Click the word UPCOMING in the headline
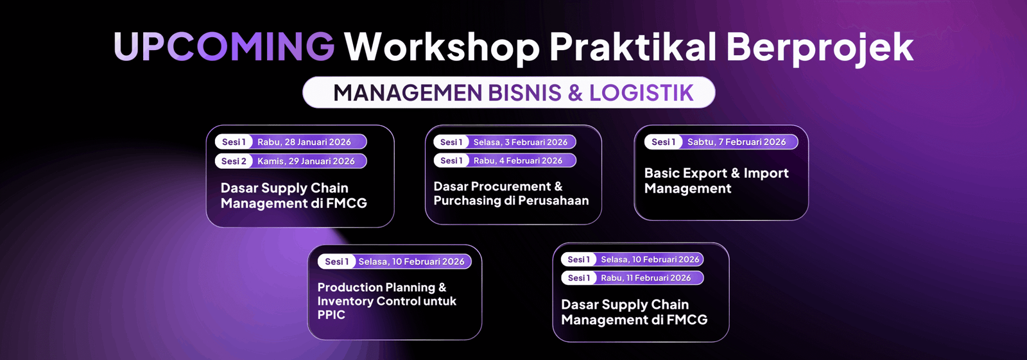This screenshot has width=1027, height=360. (x=224, y=46)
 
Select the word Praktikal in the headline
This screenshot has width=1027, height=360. (x=633, y=46)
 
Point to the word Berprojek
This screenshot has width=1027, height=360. (x=820, y=48)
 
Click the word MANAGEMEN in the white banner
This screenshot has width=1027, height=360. (x=408, y=92)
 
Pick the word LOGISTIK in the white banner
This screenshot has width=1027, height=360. (x=641, y=92)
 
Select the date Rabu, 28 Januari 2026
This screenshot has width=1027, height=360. (x=304, y=142)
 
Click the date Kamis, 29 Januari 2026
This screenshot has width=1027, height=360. (x=306, y=162)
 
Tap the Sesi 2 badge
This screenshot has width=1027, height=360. (x=234, y=162)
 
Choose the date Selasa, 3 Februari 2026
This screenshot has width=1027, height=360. (x=521, y=142)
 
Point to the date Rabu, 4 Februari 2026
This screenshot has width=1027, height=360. (x=517, y=160)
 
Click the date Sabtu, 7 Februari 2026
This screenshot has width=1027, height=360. (x=736, y=142)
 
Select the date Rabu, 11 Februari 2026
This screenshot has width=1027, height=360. (x=646, y=278)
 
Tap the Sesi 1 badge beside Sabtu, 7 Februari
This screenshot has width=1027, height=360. (x=664, y=142)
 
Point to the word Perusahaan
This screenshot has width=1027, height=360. (x=553, y=200)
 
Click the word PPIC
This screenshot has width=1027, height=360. (x=331, y=314)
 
